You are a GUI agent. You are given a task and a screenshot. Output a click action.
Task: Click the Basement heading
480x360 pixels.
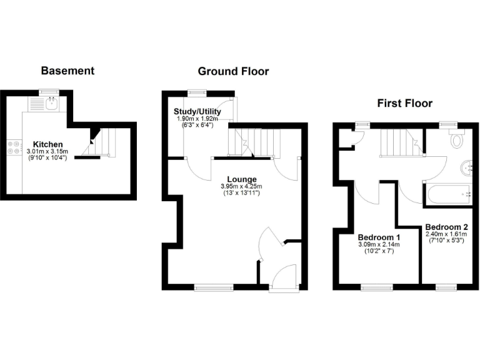67,71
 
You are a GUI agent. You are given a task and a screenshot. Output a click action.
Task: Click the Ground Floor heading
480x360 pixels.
233,71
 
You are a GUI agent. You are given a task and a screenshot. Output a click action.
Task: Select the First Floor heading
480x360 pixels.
404,103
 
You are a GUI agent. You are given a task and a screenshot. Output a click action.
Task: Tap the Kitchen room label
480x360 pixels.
48,144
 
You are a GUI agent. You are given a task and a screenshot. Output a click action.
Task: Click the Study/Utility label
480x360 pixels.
196,112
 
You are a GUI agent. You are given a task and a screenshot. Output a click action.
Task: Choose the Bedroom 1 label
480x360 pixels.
378,237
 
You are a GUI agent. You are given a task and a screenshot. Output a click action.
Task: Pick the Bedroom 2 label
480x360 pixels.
446,227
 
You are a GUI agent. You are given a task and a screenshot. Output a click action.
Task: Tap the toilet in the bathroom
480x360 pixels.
457,139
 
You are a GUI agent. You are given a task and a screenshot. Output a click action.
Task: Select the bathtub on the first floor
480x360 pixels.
449,195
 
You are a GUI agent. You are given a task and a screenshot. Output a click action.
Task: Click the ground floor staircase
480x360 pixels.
256,141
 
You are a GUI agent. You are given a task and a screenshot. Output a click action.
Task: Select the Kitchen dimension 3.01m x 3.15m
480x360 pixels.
48,151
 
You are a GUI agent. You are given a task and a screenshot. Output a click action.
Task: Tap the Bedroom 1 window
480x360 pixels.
377,287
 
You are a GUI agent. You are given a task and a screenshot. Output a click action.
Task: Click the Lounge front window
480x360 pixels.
210,287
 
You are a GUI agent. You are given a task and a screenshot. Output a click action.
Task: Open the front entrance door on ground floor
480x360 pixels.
285,277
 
